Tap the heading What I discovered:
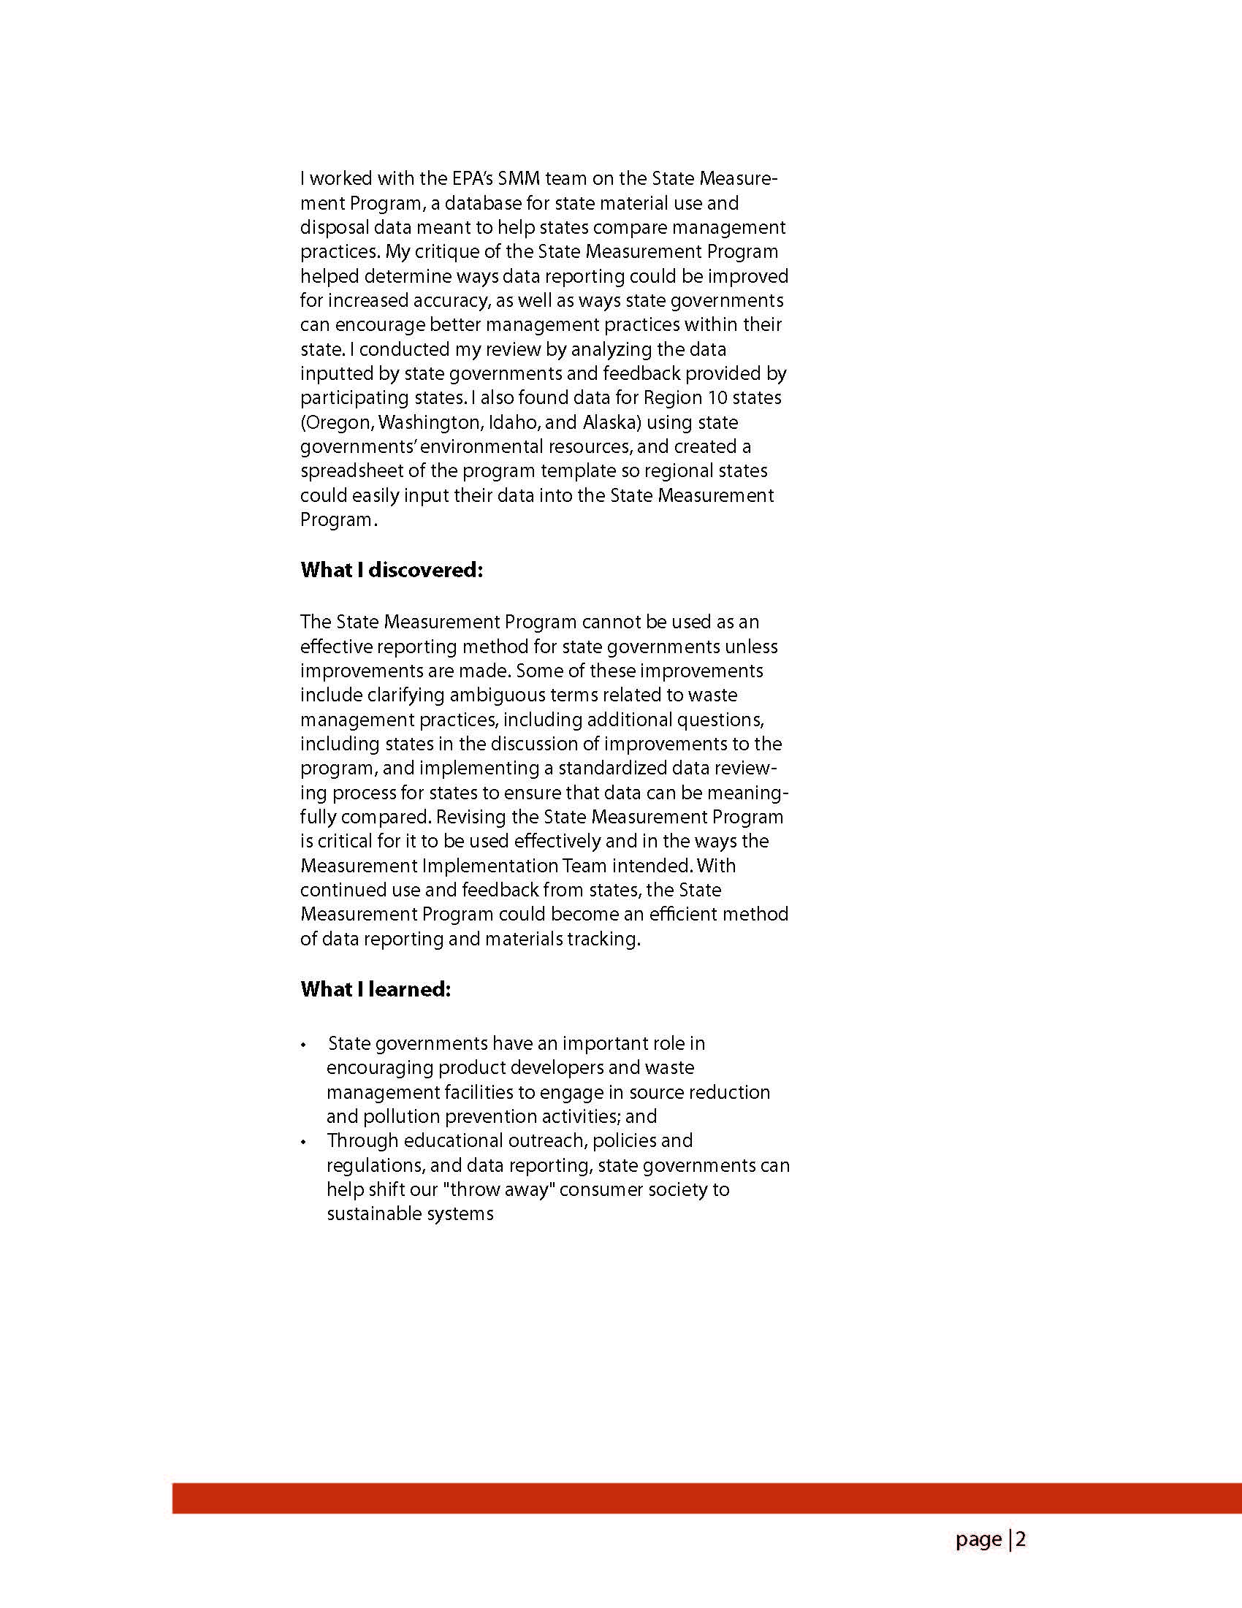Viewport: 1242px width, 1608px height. (x=392, y=570)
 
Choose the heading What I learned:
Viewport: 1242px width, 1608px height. (x=376, y=988)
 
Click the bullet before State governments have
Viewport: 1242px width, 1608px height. (x=303, y=1045)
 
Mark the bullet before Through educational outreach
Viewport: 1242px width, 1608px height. (x=303, y=1142)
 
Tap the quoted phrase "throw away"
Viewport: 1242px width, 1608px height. (x=501, y=1190)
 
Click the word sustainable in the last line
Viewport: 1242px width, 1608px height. (x=373, y=1213)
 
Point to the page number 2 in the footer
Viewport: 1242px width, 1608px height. (x=1021, y=1539)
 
